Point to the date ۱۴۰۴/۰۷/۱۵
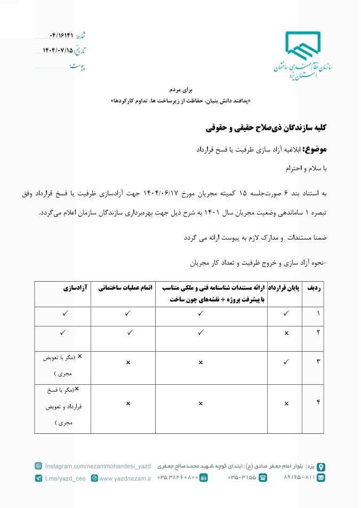coord(57,51)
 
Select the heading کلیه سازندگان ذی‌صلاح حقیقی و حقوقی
coord(266,128)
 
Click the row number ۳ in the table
coord(319,362)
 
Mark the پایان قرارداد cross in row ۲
coord(287,333)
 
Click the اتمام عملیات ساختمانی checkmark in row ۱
coord(128,313)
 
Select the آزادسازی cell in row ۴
coord(63,407)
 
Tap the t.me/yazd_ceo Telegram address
coord(66,479)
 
